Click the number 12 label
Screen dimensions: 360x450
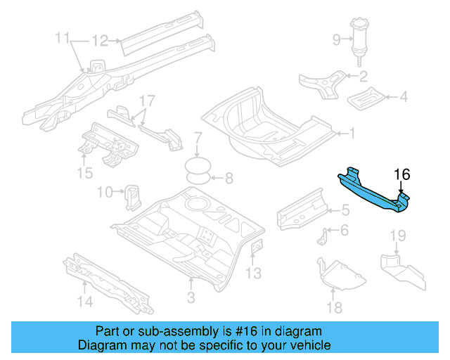101,41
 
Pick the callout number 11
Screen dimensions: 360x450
63,37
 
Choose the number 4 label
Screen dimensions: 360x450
404,96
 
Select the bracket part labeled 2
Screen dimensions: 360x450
323,83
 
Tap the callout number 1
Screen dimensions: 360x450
352,132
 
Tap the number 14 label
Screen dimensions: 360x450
85,302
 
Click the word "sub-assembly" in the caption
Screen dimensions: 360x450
160,331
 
